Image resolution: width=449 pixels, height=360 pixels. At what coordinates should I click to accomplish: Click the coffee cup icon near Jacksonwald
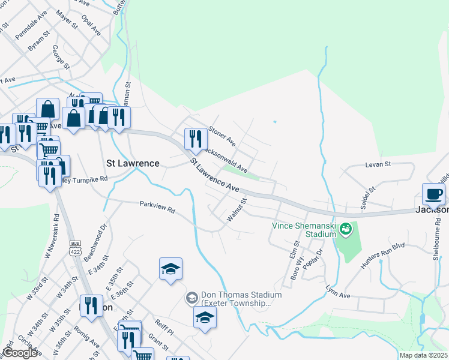tap(434, 194)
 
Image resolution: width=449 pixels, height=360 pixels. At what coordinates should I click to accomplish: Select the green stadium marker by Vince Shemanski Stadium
tap(345, 229)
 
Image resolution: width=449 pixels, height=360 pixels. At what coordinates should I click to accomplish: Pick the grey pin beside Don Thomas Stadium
tap(191, 298)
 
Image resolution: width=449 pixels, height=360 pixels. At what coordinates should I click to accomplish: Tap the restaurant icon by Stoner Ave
tap(195, 139)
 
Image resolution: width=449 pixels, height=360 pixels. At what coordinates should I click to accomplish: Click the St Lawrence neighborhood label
tap(133, 163)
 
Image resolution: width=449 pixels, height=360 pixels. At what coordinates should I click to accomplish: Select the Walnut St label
tap(237, 210)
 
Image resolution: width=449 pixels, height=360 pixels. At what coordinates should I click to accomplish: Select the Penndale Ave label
tap(31, 25)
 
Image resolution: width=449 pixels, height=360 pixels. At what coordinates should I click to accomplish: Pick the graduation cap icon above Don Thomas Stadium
tap(170, 270)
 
